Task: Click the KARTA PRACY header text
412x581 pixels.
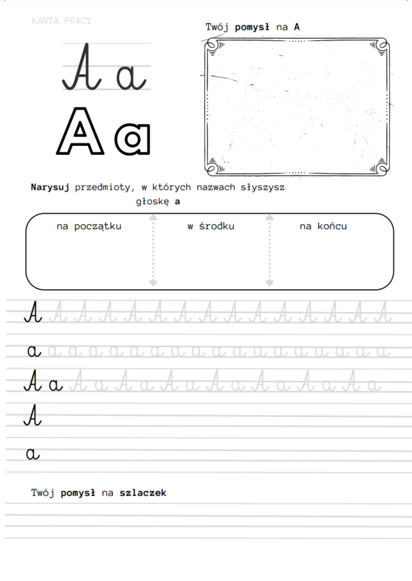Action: (x=61, y=21)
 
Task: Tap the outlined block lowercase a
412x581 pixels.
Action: (x=132, y=138)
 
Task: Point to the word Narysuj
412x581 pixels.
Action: (x=50, y=187)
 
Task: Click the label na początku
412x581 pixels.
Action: (x=88, y=226)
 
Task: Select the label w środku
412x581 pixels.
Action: (x=211, y=226)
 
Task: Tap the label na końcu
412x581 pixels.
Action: (x=323, y=226)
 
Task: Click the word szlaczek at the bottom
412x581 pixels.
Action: (x=143, y=493)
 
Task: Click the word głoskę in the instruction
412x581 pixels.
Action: (x=152, y=201)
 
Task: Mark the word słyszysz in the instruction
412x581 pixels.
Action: (x=260, y=187)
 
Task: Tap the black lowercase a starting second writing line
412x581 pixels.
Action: (x=34, y=351)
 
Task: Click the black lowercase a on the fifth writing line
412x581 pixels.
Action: (x=33, y=454)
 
